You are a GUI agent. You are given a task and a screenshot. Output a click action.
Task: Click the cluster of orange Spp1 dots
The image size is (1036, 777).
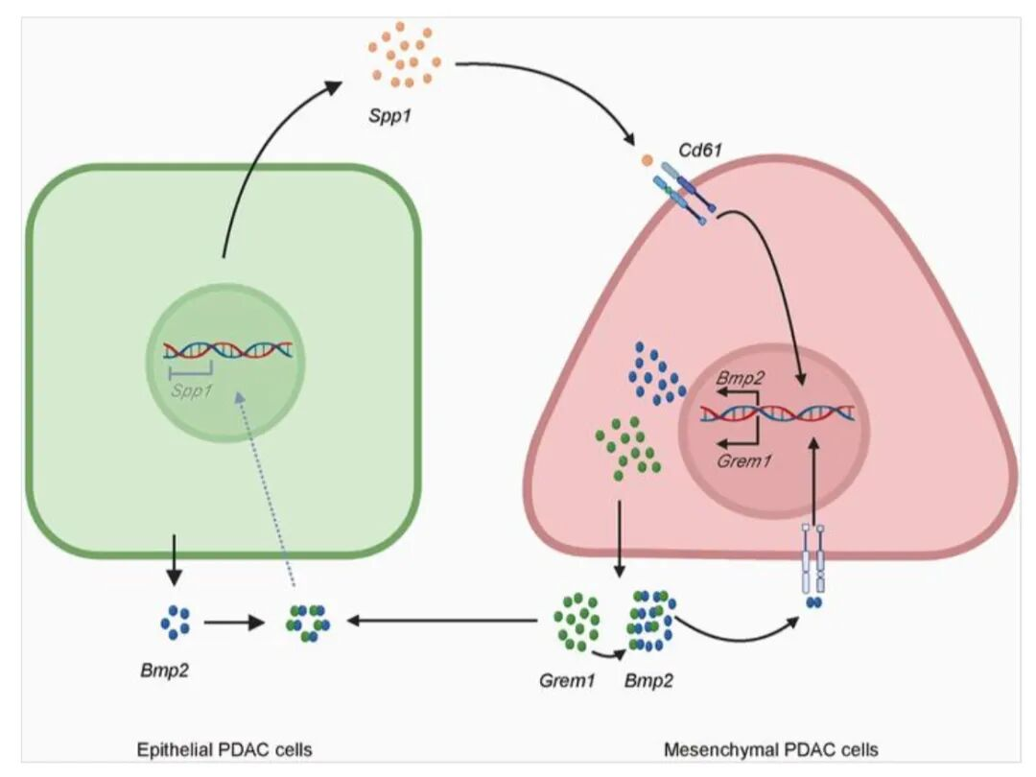coord(404,56)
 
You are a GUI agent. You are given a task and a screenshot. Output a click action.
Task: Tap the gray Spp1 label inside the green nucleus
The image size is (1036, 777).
coord(192,390)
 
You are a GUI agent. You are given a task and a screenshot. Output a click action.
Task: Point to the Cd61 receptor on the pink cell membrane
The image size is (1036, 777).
coord(683,192)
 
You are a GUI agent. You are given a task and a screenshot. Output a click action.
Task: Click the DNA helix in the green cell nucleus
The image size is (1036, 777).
coord(227,351)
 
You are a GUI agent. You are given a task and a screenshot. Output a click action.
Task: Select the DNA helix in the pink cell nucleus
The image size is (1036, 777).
coord(777,413)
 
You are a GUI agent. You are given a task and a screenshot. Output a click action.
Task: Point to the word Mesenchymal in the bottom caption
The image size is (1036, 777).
coord(710,748)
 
